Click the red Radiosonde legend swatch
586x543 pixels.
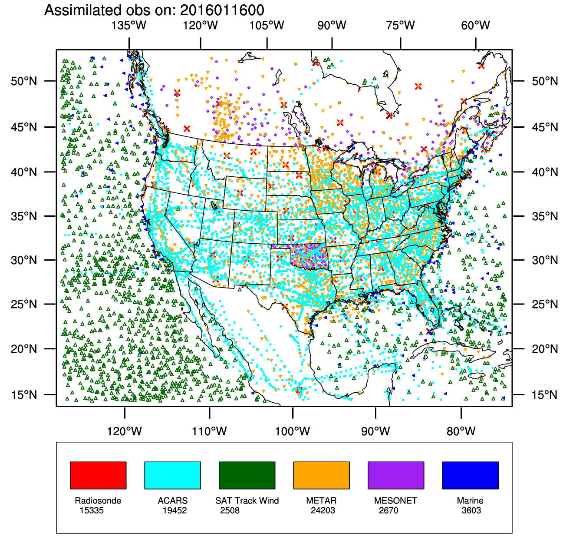tap(98, 475)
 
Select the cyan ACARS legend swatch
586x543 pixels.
tap(172, 475)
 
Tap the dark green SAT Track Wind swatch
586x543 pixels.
tap(247, 475)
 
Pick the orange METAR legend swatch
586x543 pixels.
tap(321, 475)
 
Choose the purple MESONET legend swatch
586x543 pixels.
tap(396, 475)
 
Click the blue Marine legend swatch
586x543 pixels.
tap(470, 475)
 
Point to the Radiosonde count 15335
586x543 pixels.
tap(92, 510)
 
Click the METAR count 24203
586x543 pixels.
tap(323, 510)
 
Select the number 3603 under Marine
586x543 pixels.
tap(471, 510)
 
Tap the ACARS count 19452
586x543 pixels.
tap(174, 510)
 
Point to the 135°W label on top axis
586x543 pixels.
tap(129, 25)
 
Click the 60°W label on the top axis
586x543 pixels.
tap(476, 25)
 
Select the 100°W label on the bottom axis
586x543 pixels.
tap(293, 431)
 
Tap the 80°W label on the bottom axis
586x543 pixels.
tap(461, 431)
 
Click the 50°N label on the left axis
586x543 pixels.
tap(24, 81)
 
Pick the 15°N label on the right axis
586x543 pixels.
tap(545, 395)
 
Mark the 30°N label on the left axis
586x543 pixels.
tap(24, 260)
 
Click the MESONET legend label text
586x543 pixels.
tap(395, 500)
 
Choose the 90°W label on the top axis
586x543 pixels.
tap(332, 25)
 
